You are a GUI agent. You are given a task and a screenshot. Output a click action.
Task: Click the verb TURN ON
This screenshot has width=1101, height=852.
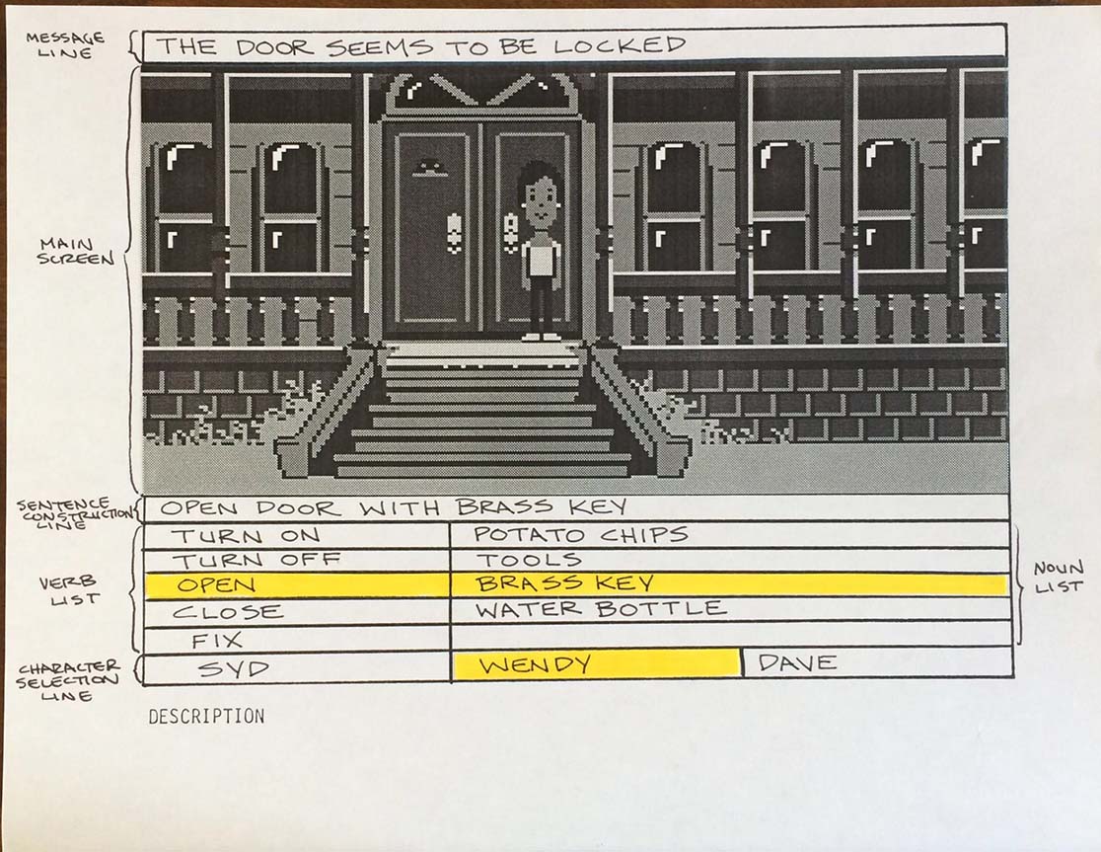[246, 536]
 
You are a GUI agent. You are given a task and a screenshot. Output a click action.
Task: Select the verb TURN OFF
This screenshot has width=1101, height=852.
[257, 561]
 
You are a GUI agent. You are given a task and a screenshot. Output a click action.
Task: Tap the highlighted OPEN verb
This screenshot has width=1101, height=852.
[216, 585]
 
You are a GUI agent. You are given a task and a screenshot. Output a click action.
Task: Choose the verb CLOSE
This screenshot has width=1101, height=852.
[228, 612]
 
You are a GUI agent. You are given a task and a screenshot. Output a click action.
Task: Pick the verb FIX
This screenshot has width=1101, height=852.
[217, 640]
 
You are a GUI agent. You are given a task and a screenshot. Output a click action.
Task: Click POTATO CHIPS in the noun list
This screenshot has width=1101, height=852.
[581, 534]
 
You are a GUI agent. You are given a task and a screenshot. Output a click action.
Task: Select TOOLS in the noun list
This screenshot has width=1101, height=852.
[530, 560]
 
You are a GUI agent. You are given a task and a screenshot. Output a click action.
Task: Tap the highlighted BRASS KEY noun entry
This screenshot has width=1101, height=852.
[564, 583]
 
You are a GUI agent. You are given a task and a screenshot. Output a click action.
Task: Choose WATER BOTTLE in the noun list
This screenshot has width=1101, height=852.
[601, 608]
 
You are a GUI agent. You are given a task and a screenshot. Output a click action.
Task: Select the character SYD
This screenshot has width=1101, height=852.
[233, 668]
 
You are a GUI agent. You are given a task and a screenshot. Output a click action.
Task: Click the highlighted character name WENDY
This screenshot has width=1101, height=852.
[535, 664]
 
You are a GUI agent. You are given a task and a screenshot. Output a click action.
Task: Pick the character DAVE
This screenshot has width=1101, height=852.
[798, 662]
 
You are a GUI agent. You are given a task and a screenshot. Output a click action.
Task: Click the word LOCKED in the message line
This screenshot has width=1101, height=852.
[619, 45]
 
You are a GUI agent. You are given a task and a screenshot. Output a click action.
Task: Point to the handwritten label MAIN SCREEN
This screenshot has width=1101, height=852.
[75, 252]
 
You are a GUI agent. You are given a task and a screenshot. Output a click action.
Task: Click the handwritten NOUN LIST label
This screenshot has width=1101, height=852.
[1059, 578]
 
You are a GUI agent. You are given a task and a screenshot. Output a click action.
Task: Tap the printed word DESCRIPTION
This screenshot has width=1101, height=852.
[206, 717]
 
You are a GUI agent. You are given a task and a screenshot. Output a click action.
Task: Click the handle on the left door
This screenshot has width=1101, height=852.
[454, 232]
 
